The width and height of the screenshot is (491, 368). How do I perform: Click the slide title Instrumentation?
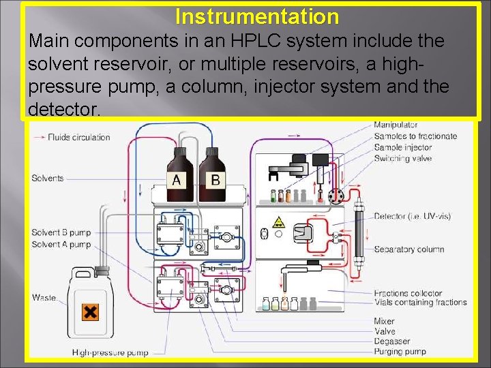(256, 16)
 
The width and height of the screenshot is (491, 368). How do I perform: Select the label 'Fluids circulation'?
(78, 137)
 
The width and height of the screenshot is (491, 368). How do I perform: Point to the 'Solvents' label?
(48, 179)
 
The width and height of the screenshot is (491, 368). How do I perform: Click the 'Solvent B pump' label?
(61, 233)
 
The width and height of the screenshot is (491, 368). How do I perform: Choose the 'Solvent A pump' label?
(61, 244)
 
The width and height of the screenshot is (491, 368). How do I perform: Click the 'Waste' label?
(44, 298)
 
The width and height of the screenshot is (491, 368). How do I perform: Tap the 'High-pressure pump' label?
(110, 352)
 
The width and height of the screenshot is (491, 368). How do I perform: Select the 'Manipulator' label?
(396, 125)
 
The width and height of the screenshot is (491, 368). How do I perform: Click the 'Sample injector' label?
(403, 147)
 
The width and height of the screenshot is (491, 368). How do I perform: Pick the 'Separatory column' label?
(408, 249)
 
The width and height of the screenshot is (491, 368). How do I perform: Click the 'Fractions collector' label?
(408, 293)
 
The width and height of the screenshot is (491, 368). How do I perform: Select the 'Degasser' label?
(391, 341)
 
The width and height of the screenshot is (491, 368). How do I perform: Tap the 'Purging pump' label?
(400, 352)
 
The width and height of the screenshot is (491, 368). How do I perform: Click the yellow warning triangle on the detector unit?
(279, 222)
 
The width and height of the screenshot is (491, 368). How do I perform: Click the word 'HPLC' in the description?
(267, 41)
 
